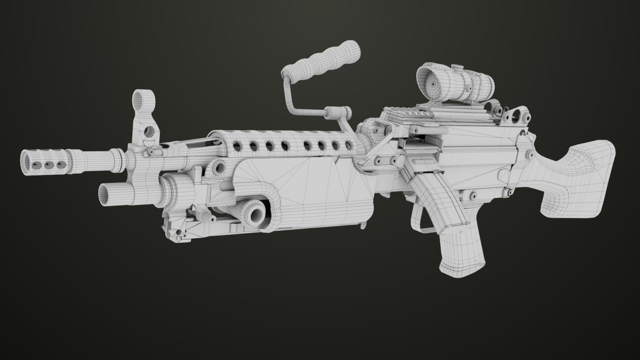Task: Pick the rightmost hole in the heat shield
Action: click(349, 146)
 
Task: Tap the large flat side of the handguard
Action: click(315, 189)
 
